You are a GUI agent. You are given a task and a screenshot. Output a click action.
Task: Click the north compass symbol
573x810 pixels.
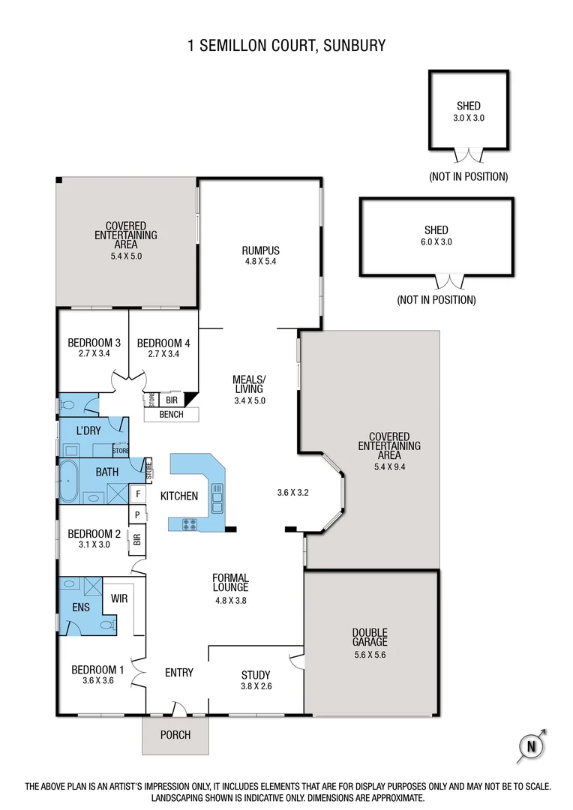tap(532, 745)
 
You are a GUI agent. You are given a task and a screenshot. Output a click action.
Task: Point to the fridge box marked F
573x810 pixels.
tap(138, 493)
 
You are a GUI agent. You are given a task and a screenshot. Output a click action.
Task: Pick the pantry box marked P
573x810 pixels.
tap(138, 514)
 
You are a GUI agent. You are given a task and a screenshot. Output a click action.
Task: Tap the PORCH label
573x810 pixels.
tap(175, 734)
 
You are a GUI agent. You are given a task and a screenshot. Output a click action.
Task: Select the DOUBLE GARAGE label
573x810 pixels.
tap(370, 637)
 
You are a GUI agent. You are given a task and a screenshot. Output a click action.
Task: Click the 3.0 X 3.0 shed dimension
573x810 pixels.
tap(469, 118)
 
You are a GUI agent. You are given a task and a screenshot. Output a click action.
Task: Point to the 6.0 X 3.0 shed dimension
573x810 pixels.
tap(436, 241)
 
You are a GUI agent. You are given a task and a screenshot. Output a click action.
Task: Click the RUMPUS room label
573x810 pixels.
tap(260, 250)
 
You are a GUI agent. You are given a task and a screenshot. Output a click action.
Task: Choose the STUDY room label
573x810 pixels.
tap(256, 675)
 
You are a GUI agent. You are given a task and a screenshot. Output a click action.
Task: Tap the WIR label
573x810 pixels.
tap(119, 598)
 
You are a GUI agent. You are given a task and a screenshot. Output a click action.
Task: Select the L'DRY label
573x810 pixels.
tap(88, 431)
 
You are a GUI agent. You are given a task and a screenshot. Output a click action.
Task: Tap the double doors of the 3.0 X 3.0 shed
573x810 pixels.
tap(469, 156)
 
